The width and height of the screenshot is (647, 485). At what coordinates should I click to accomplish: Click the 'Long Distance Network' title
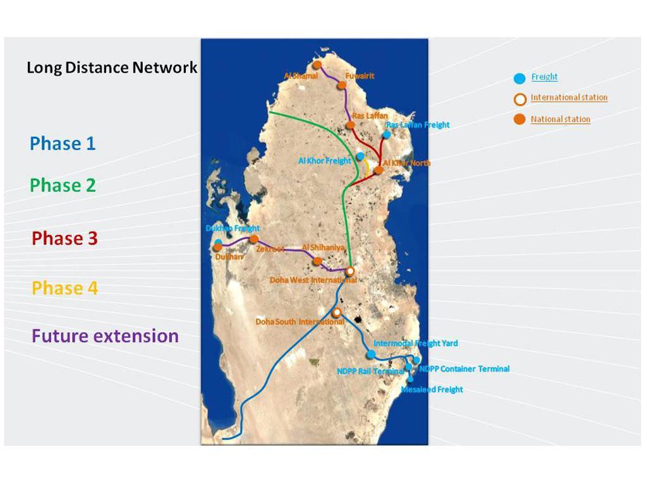click(x=112, y=68)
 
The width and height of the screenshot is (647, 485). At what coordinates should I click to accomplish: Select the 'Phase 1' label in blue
click(x=63, y=143)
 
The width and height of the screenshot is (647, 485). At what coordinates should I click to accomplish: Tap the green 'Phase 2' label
click(x=63, y=185)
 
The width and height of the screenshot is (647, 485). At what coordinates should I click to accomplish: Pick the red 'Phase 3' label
click(x=64, y=238)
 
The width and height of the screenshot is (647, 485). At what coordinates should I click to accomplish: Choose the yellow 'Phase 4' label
click(x=64, y=288)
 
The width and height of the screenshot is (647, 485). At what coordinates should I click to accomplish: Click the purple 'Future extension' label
click(x=105, y=335)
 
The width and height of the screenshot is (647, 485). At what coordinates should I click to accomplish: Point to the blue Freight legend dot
click(x=519, y=78)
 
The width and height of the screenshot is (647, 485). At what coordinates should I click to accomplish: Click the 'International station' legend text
click(x=569, y=97)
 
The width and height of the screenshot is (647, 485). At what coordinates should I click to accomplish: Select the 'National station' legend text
click(x=560, y=119)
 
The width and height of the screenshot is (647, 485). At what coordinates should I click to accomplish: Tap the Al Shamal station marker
click(x=317, y=65)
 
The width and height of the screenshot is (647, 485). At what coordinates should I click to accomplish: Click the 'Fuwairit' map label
click(x=359, y=76)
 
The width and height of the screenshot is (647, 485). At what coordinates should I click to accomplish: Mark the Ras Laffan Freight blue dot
click(x=387, y=135)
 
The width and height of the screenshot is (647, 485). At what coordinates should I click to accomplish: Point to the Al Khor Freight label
click(x=324, y=161)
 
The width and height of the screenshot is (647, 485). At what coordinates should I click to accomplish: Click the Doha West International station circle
click(x=350, y=271)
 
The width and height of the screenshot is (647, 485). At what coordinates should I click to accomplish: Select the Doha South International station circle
click(x=337, y=312)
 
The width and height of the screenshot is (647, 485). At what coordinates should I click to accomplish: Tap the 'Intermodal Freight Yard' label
click(x=415, y=344)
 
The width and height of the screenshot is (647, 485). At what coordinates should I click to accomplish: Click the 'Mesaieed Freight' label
click(x=432, y=390)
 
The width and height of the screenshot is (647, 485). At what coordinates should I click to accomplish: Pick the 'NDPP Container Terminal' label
click(x=464, y=369)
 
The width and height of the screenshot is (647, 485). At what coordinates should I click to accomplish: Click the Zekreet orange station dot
click(x=254, y=239)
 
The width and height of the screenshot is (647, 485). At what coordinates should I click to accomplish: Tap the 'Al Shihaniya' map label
click(x=323, y=248)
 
